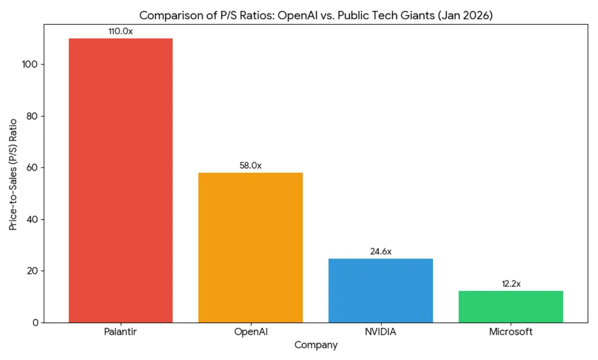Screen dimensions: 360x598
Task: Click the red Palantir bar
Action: tap(120, 180)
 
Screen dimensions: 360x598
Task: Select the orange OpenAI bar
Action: tap(250, 248)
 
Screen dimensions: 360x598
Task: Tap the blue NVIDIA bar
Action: tap(380, 291)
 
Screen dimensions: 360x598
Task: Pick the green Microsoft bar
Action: tap(511, 307)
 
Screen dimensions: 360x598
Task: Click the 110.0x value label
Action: tap(120, 31)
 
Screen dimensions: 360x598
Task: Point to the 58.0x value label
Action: tap(250, 166)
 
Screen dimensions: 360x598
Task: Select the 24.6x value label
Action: tap(380, 252)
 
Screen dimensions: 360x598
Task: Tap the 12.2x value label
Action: tap(511, 284)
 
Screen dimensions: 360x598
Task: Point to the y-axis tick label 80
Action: tap(31, 116)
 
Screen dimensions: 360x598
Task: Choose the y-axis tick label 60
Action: tap(31, 168)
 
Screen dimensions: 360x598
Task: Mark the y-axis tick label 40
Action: tap(31, 219)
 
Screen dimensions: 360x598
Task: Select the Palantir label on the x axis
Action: tap(120, 332)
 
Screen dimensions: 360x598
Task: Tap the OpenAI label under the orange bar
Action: tap(250, 332)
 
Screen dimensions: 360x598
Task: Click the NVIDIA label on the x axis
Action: tap(380, 332)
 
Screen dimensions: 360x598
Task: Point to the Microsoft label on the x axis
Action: tap(511, 332)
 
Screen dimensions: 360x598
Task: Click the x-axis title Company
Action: tap(316, 345)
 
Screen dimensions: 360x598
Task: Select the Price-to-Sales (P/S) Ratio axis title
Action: tap(13, 174)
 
